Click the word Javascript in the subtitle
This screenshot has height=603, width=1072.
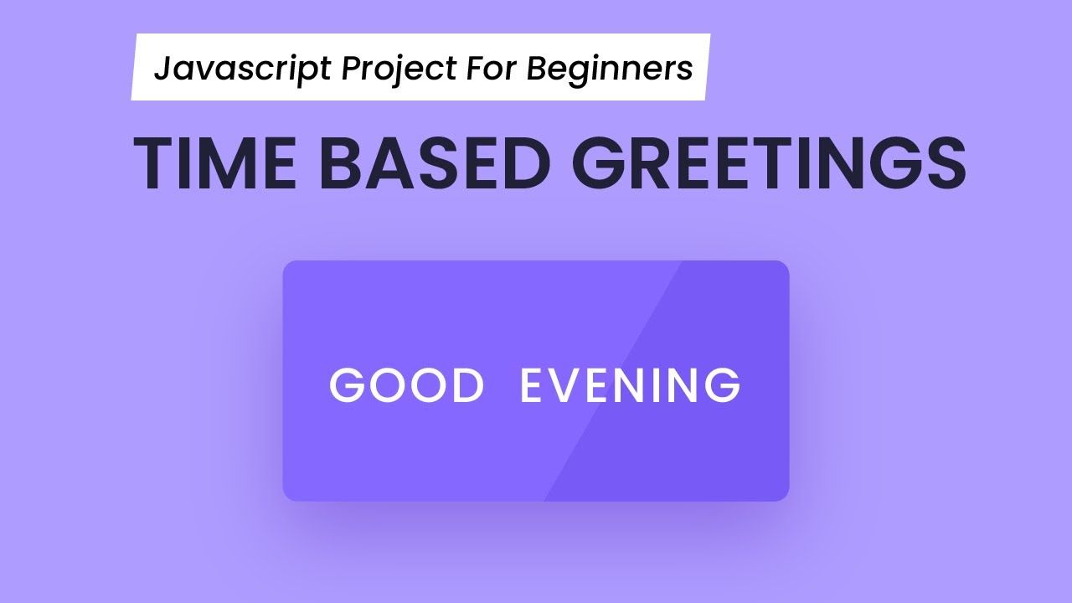[x=243, y=69]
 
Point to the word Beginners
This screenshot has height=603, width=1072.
[x=610, y=69]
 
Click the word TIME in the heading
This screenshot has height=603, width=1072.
[x=214, y=163]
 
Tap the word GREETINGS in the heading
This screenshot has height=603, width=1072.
[x=770, y=163]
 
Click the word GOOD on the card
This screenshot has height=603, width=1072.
[x=407, y=385]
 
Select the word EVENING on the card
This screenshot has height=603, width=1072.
[x=630, y=385]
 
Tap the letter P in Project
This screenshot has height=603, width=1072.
[x=350, y=69]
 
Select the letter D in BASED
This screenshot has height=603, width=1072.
[x=523, y=163]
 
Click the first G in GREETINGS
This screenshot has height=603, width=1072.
[x=600, y=163]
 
